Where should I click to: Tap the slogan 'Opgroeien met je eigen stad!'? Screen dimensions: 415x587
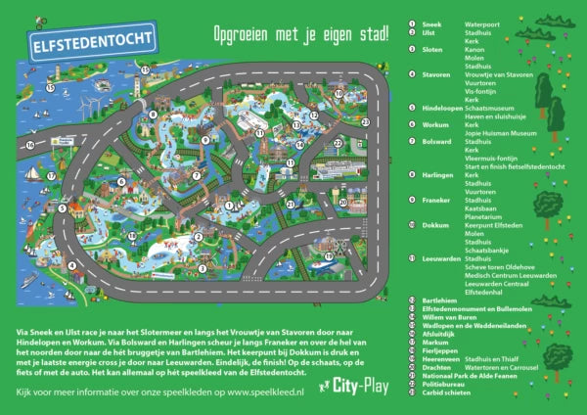[x=300, y=33]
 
